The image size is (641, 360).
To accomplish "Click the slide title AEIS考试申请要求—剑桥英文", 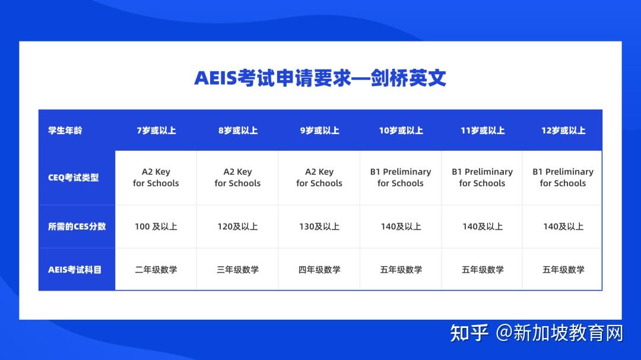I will click(x=320, y=78).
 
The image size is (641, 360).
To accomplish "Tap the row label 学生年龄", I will click(x=65, y=130).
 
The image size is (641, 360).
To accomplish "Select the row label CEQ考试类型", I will click(x=74, y=177).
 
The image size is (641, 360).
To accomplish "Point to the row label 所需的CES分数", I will click(x=77, y=226).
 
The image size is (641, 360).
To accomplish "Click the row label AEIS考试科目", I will click(x=75, y=269).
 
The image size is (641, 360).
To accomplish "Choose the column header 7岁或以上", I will click(x=156, y=130).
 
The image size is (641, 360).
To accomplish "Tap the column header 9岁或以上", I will click(x=319, y=130).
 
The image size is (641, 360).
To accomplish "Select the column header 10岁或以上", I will click(x=401, y=130).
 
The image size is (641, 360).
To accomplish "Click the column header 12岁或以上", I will click(x=563, y=130).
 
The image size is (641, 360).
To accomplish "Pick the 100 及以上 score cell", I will click(x=156, y=226).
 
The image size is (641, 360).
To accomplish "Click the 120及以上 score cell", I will click(x=237, y=226).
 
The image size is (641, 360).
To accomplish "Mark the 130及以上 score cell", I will click(x=319, y=226).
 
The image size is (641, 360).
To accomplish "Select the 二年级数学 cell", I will click(x=156, y=269).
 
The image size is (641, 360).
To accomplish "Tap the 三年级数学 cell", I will click(x=237, y=269).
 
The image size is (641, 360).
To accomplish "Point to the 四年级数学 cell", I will click(x=319, y=269).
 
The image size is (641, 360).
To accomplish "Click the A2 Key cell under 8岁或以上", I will click(x=237, y=177).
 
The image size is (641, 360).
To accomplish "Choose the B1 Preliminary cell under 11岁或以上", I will click(x=482, y=177).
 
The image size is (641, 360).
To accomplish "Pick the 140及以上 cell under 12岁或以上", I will click(x=563, y=226).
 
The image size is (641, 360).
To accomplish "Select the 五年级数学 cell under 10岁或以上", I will click(x=401, y=269).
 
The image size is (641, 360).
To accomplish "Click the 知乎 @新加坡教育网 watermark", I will click(x=537, y=333).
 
